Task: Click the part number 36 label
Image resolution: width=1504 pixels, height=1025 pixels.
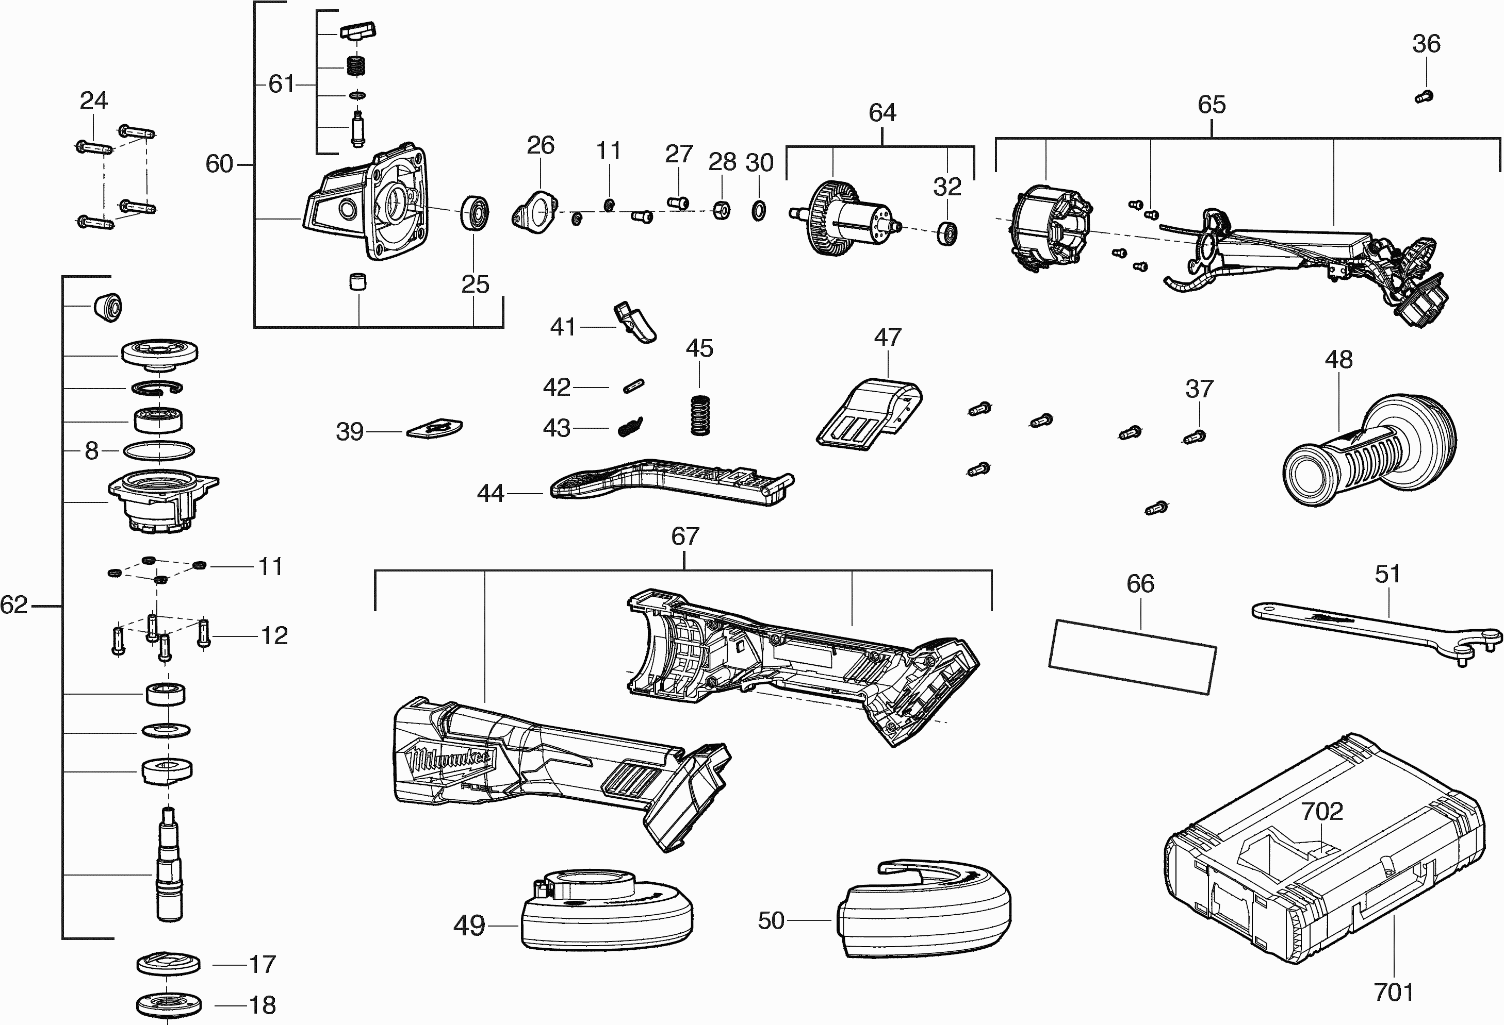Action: coord(1426,44)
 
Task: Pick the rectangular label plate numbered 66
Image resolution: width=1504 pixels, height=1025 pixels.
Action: coord(1132,657)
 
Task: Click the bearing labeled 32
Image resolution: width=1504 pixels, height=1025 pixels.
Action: coord(947,233)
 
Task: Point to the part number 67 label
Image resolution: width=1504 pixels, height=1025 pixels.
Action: coord(685,536)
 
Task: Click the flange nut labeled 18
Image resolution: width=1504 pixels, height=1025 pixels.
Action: coord(169,1005)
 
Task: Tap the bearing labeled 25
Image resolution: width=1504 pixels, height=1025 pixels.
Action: coord(475,212)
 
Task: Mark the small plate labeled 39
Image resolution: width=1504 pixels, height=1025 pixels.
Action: coord(435,428)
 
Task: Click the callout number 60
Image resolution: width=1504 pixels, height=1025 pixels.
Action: coord(219,164)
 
